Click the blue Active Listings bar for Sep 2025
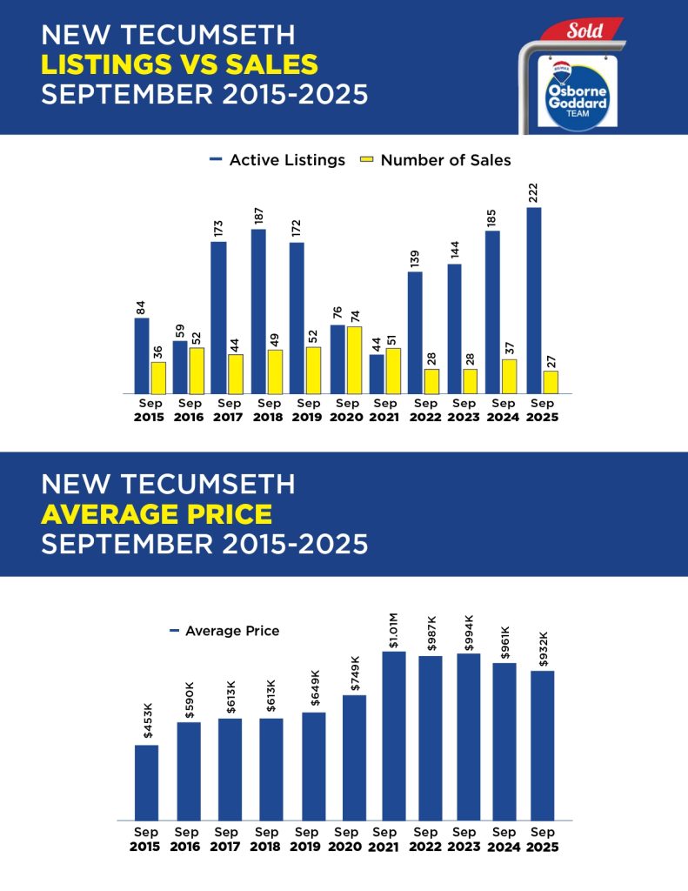[534, 300]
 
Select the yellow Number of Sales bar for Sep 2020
[354, 359]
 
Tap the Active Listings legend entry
[277, 160]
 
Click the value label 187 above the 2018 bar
[258, 216]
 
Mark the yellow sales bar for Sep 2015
[157, 378]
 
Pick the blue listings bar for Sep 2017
[218, 318]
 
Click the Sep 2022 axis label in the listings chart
[425, 410]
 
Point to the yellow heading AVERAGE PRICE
[157, 513]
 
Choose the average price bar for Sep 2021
[394, 735]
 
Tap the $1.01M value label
[394, 630]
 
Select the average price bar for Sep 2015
[146, 781]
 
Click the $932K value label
[542, 649]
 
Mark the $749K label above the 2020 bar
[354, 673]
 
